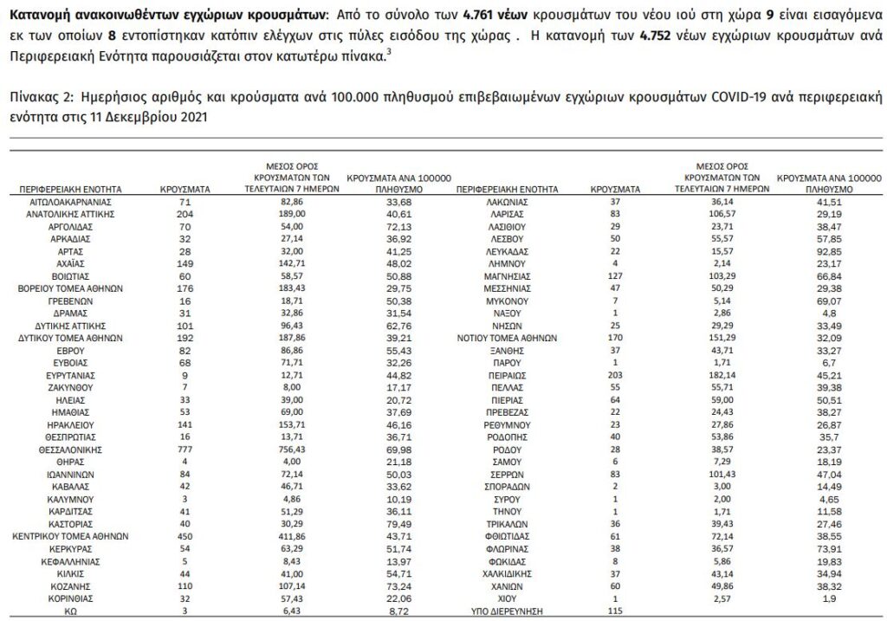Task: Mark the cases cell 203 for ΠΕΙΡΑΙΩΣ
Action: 614,375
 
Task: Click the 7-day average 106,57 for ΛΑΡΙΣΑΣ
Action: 723,213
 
